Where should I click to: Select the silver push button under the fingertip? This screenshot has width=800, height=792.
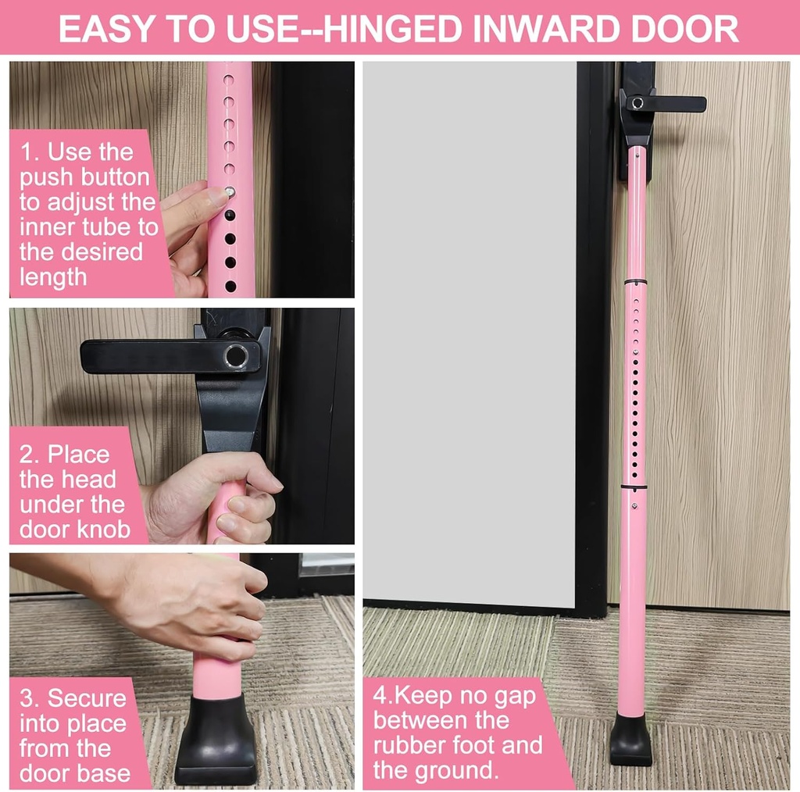pyautogui.click(x=230, y=191)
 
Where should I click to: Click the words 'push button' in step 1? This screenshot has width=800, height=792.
pyautogui.click(x=84, y=177)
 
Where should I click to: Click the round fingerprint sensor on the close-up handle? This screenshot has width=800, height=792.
pyautogui.click(x=235, y=356)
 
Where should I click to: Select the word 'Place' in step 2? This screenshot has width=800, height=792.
pyautogui.click(x=79, y=454)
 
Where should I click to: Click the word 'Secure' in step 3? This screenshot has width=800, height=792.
pyautogui.click(x=87, y=697)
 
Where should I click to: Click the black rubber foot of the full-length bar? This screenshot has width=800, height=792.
pyautogui.click(x=631, y=740)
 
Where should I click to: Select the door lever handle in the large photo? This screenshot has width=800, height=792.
pyautogui.click(x=664, y=104)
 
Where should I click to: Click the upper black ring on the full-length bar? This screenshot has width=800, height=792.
pyautogui.click(x=634, y=280)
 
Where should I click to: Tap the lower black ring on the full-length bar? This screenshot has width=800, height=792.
pyautogui.click(x=634, y=487)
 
